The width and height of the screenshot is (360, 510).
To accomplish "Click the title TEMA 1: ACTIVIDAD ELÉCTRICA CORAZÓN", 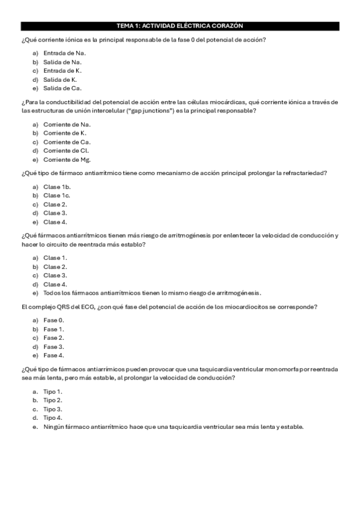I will click(180, 26).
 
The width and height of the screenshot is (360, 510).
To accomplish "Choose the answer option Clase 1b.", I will click(57, 186).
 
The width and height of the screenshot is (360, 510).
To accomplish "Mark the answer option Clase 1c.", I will click(57, 195).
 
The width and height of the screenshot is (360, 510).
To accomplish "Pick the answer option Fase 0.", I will click(53, 321).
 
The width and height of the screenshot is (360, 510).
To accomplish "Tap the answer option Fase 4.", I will click(53, 356).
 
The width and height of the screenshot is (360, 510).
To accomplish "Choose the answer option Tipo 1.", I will click(53, 392).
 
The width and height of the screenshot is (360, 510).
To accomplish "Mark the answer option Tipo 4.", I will click(53, 418).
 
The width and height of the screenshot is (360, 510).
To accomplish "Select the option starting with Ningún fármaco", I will click(174, 427).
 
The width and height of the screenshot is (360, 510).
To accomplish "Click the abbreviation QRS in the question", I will click(60, 307).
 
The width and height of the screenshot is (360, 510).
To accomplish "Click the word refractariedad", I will click(301, 173).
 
